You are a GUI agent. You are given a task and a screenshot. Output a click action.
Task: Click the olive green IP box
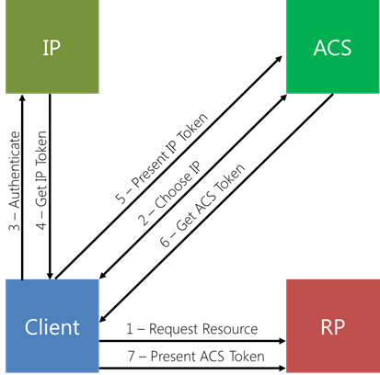click(x=52, y=47)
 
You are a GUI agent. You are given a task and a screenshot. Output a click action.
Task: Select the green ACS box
click(x=333, y=47)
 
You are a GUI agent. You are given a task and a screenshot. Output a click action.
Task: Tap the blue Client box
click(x=52, y=326)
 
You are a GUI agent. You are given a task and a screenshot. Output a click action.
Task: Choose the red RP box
click(x=333, y=326)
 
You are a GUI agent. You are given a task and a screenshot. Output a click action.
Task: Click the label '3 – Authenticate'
click(x=15, y=181)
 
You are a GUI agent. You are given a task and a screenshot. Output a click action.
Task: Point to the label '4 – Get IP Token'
click(x=41, y=180)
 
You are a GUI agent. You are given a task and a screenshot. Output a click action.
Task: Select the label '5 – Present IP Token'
click(x=162, y=158)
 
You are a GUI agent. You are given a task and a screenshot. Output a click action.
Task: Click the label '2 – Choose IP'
click(x=169, y=193)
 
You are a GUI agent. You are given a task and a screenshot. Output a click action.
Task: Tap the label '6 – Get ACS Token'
click(x=202, y=205)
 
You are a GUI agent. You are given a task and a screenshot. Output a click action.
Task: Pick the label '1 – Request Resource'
click(x=192, y=329)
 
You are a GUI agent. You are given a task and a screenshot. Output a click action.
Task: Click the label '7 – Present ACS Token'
click(x=196, y=357)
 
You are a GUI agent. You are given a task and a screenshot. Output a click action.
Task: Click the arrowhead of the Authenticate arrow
click(x=22, y=97)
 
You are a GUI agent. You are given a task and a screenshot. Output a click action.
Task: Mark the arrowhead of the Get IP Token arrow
click(x=50, y=276)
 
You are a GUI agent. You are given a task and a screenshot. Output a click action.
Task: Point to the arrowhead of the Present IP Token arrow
click(x=279, y=59)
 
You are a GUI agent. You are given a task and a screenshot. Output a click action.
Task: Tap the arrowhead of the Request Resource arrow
click(x=282, y=341)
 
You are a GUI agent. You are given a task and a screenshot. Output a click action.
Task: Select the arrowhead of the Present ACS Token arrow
click(x=282, y=368)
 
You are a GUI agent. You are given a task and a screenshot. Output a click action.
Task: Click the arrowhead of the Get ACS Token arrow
click(x=103, y=319)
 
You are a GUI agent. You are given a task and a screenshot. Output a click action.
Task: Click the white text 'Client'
click(x=52, y=327)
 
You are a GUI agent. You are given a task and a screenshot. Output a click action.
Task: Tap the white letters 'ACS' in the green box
click(x=332, y=48)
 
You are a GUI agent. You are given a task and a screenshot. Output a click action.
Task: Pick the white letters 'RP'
click(x=333, y=327)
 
